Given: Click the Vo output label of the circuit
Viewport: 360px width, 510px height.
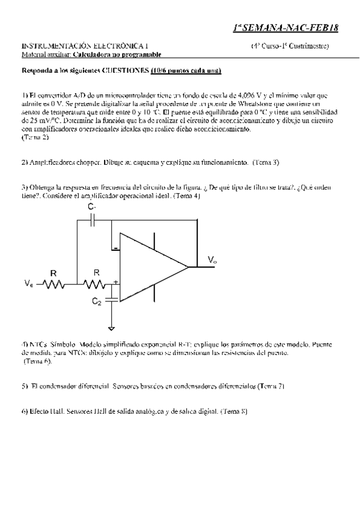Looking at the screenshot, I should coord(212,260).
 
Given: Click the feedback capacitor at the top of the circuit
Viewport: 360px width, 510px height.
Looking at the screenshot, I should coord(92,221).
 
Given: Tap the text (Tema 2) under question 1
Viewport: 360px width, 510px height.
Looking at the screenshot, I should coord(35,137).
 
